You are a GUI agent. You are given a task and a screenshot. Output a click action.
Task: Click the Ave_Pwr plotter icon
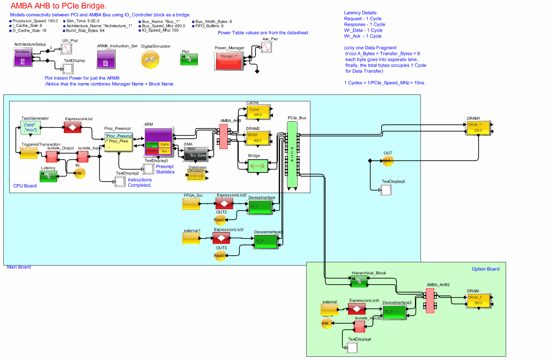point(267,47)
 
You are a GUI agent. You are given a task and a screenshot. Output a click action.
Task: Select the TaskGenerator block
point(31,127)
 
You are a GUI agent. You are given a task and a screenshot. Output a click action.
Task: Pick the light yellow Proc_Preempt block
point(118,141)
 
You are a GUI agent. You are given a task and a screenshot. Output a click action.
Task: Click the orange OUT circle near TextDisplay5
point(388,161)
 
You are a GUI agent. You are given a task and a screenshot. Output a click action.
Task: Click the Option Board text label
point(485,269)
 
